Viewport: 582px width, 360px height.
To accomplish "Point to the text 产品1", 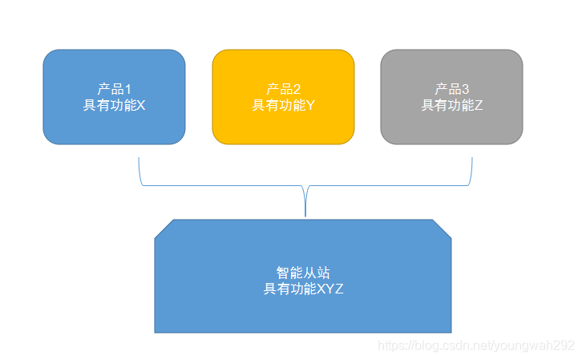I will tap(114, 89).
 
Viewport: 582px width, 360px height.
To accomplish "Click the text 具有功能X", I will tap(114, 105).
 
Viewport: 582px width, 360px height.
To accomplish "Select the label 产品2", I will tap(283, 89).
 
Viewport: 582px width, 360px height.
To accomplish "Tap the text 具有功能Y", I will tap(283, 105).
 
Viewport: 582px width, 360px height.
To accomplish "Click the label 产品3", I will tap(451, 89).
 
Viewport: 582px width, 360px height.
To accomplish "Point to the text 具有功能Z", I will tap(452, 105).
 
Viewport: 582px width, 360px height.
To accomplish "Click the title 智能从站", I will tap(303, 273).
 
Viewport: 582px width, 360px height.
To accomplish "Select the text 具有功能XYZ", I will tap(303, 289).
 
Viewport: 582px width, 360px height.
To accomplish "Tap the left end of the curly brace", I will tap(139, 159).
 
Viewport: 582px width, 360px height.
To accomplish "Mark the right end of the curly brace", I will tap(471, 159).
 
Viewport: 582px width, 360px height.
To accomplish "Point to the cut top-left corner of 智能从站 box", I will tap(163, 229).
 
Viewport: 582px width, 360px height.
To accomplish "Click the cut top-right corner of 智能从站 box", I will tap(443, 229).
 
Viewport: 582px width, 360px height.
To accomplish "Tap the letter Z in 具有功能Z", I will tap(479, 105).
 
